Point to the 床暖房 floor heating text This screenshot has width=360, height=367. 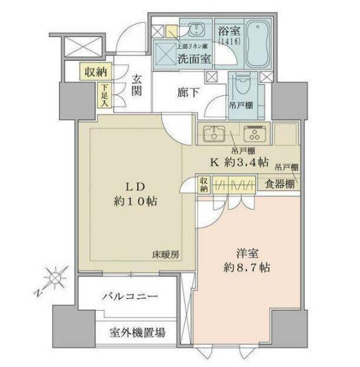(166, 254)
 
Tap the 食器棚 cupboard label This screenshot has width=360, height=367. (279, 184)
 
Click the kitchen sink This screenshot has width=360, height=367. (214, 134)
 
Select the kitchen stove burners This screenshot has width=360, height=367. (253, 134)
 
